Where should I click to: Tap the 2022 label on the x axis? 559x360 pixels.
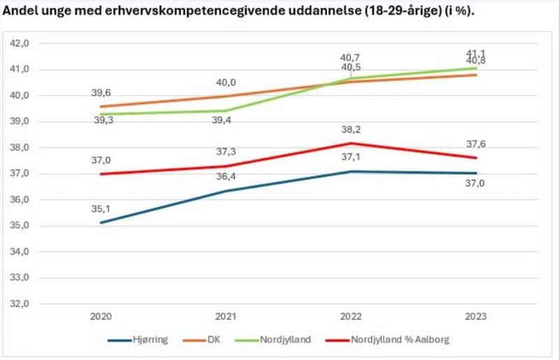point(351,317)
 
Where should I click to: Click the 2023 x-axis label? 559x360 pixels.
point(477,317)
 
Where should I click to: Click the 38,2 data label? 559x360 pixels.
point(351,129)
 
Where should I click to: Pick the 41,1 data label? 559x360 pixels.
point(477,53)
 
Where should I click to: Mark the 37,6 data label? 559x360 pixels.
point(477,144)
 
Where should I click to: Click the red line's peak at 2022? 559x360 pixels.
point(351,143)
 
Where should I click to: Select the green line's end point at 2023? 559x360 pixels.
point(477,68)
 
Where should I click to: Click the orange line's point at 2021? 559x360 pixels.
point(226,96)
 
